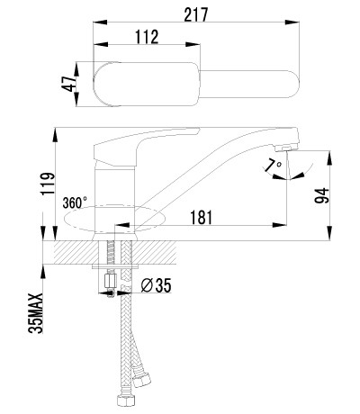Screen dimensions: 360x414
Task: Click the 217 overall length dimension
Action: tap(195, 14)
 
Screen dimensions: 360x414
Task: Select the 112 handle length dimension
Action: tap(147, 37)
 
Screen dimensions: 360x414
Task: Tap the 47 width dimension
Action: tap(68, 84)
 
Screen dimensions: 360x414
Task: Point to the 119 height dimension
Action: tap(49, 184)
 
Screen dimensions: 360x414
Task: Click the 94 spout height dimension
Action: tap(322, 196)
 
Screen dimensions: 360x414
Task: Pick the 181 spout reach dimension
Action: tap(201, 217)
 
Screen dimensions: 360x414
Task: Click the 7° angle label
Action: tap(274, 166)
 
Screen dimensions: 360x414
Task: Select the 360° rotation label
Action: tap(75, 202)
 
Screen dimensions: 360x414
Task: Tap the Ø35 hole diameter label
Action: tap(156, 285)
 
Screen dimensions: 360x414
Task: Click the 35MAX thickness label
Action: tap(36, 313)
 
